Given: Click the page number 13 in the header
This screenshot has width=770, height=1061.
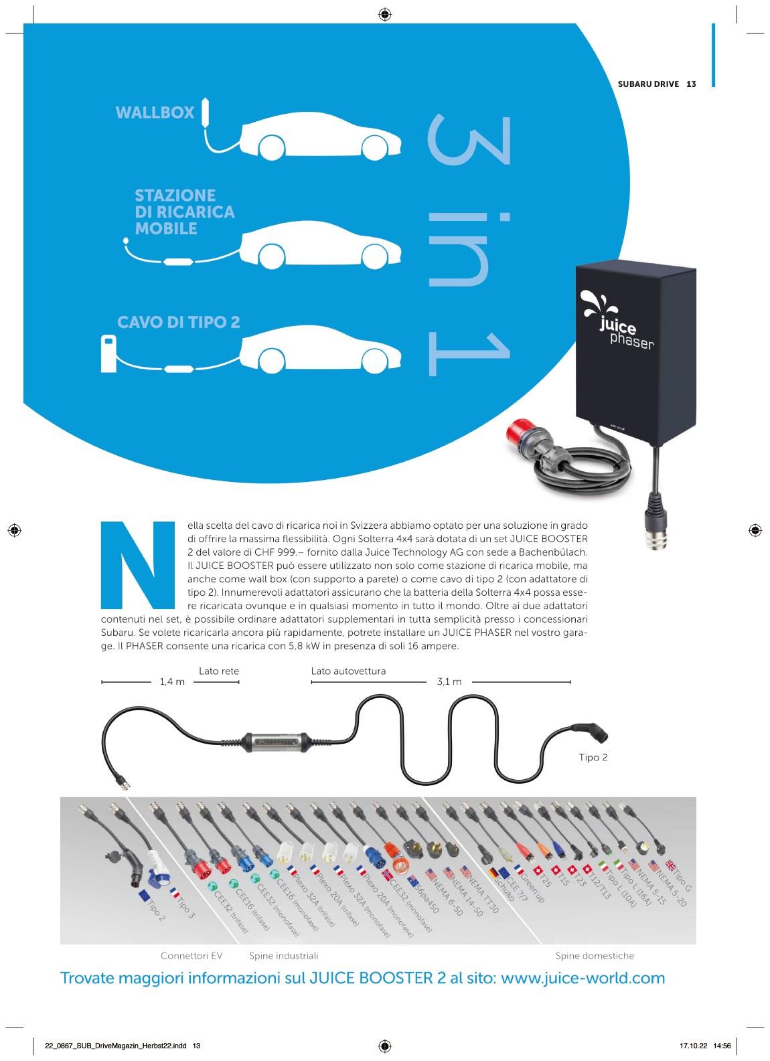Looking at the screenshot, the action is point(692,84).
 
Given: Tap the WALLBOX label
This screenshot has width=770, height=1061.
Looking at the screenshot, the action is point(155,112).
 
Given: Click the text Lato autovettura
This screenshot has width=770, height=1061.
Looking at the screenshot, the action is point(348,671).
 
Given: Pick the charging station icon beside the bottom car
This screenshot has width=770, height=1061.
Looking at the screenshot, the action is point(108,353).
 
